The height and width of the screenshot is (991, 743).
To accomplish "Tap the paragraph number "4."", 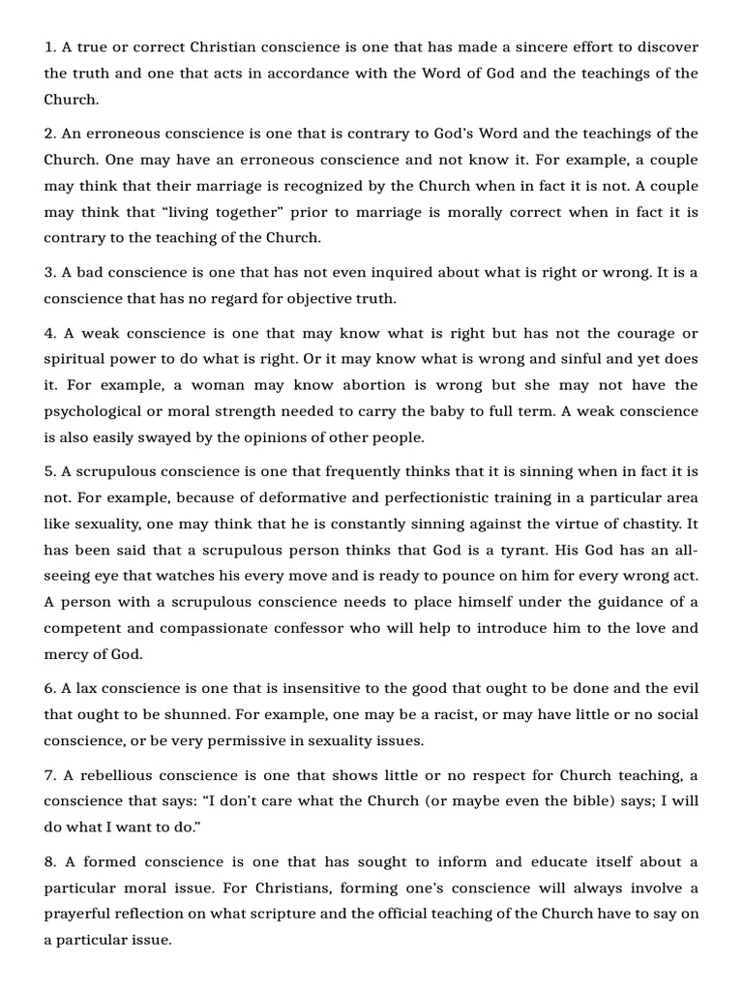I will [x=50, y=334].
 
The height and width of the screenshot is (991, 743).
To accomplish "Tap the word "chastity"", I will [x=645, y=524].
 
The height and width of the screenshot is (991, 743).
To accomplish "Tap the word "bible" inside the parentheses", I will [x=526, y=801].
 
